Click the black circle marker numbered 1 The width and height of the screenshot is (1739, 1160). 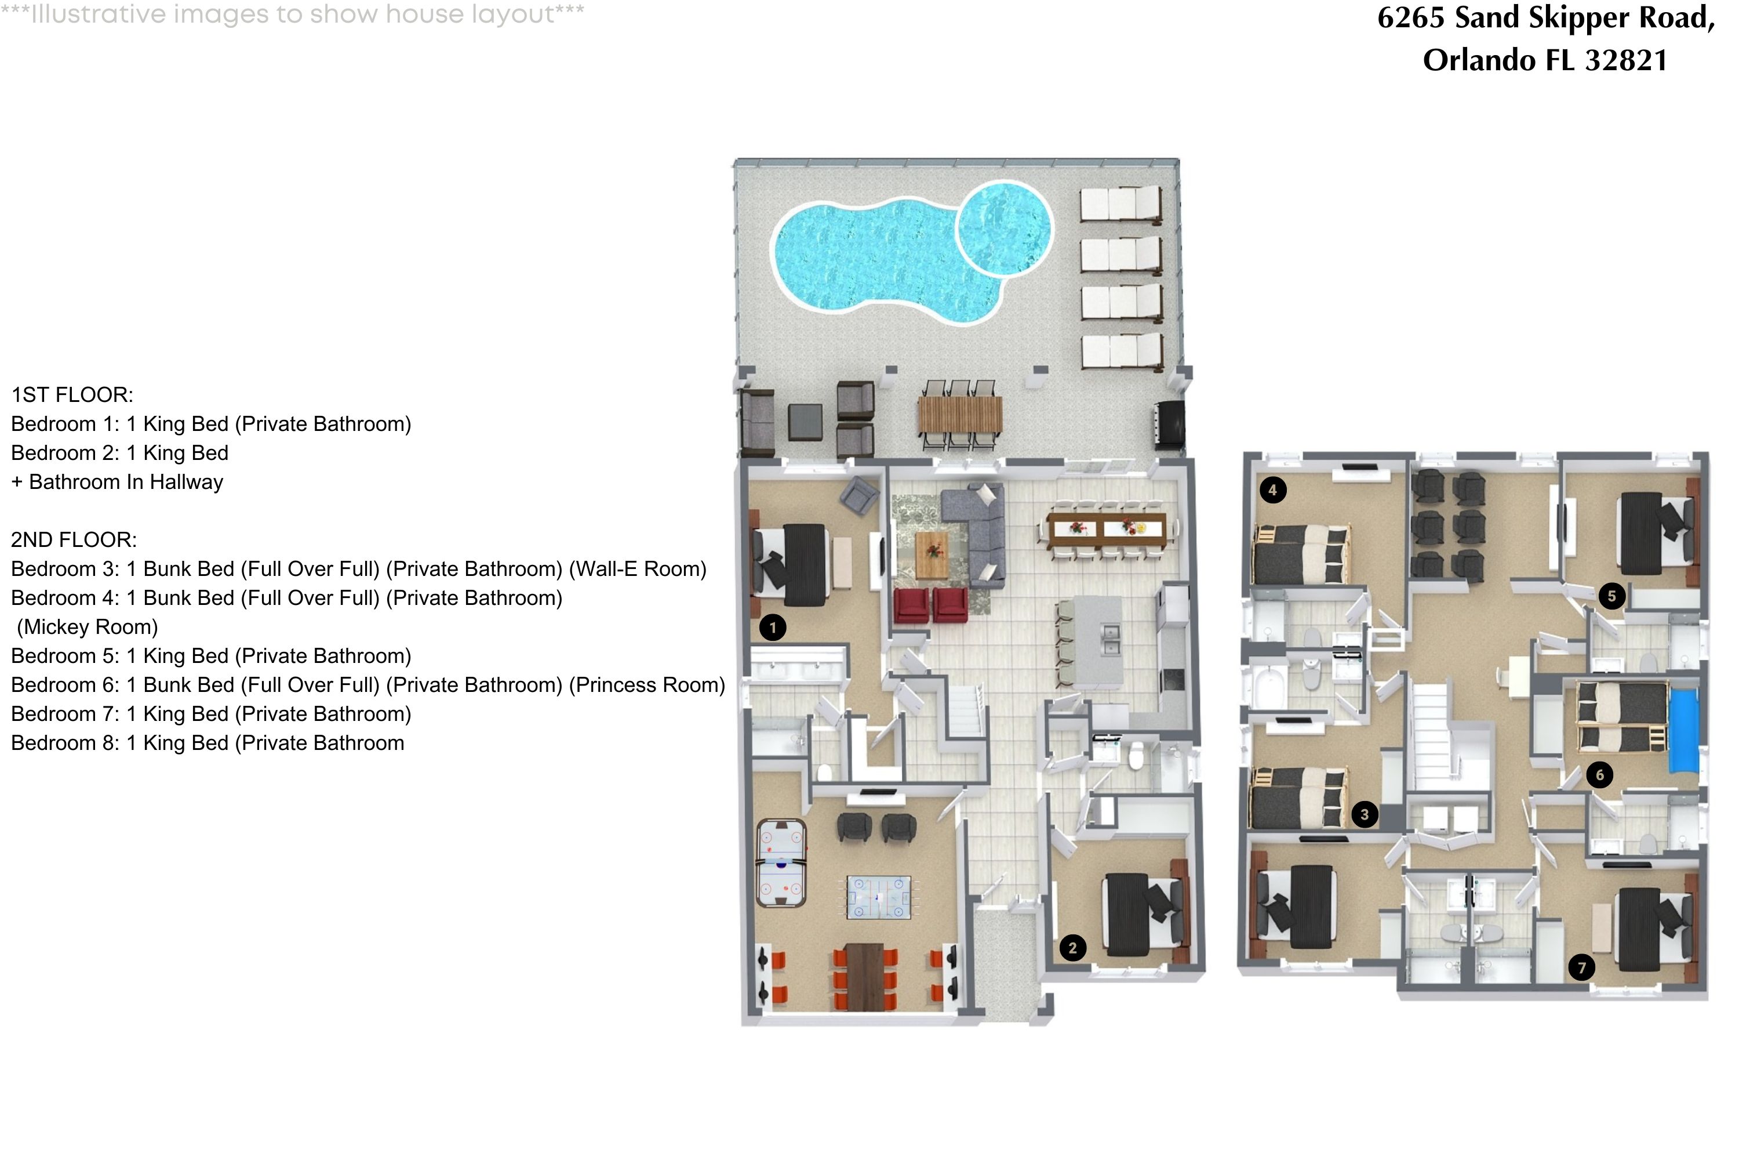pos(773,628)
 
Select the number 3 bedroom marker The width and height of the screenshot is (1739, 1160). pos(1364,814)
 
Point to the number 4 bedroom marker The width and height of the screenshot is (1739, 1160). pos(1272,490)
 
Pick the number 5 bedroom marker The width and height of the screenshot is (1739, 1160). pos(1612,596)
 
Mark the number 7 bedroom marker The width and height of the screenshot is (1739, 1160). pos(1581,967)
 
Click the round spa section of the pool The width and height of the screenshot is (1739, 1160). pos(1004,228)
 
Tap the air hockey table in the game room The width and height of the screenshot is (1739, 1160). pos(781,862)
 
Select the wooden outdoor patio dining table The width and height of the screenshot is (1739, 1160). pos(960,416)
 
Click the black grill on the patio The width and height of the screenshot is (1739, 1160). pos(1170,424)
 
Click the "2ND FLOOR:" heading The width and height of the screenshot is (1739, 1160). pos(74,540)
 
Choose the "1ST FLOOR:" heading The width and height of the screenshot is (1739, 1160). pos(72,395)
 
